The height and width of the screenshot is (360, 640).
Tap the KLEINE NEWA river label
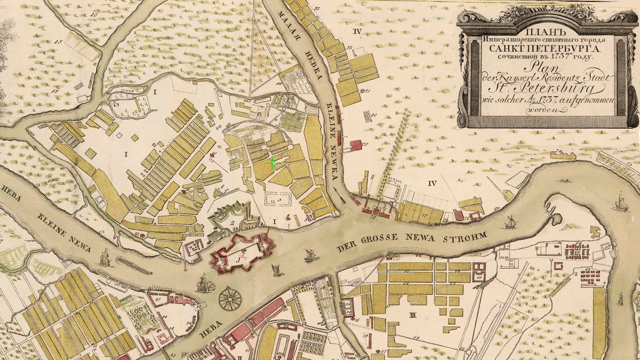coord(65,231)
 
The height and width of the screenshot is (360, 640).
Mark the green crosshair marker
coord(272,164)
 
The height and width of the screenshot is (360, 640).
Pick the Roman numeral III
coord(412,315)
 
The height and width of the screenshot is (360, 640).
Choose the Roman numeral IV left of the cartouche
coord(357,32)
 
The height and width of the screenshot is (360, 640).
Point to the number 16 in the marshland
coord(94,14)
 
